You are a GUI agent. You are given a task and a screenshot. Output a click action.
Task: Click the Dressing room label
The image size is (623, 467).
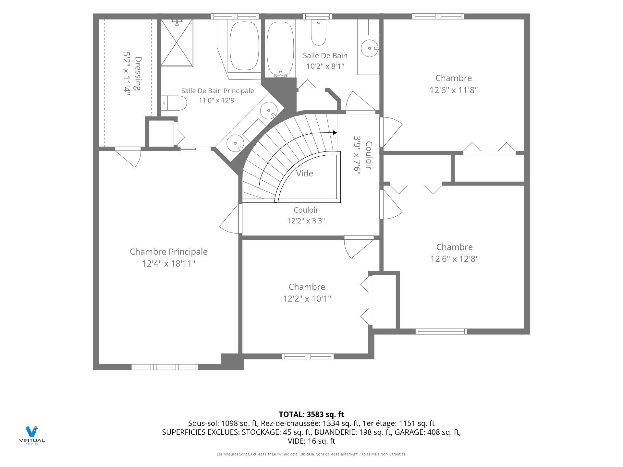click(138, 74)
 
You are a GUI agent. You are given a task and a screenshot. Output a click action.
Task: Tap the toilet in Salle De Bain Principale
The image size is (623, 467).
click(174, 103)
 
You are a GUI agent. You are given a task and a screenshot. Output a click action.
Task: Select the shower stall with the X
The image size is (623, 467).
click(177, 43)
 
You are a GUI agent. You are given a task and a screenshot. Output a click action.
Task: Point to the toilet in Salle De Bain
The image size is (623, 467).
click(318, 32)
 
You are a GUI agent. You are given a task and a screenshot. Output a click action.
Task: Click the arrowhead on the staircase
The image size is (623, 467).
click(335, 133)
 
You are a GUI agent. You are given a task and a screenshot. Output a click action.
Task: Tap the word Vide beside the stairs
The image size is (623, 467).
click(305, 174)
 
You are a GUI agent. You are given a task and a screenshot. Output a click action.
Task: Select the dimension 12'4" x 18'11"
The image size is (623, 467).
click(169, 263)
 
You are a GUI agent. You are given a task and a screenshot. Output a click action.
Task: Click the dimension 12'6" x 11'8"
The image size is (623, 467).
click(454, 90)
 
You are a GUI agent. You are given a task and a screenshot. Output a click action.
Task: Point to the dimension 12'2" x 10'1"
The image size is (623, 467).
click(307, 298)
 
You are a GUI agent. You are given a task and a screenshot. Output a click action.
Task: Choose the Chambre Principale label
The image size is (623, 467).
click(169, 252)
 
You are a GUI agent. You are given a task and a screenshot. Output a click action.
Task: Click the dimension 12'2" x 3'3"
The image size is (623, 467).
click(306, 221)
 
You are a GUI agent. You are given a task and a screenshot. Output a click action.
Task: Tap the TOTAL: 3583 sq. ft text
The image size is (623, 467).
click(311, 414)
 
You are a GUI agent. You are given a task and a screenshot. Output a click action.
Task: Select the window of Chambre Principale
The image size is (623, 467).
click(165, 367)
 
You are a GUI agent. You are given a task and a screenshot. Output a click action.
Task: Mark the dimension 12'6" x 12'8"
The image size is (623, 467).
click(455, 259)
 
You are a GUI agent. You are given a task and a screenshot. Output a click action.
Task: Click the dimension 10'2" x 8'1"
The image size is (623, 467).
click(325, 66)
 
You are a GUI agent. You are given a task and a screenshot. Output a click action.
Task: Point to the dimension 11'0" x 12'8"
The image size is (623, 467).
click(218, 100)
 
